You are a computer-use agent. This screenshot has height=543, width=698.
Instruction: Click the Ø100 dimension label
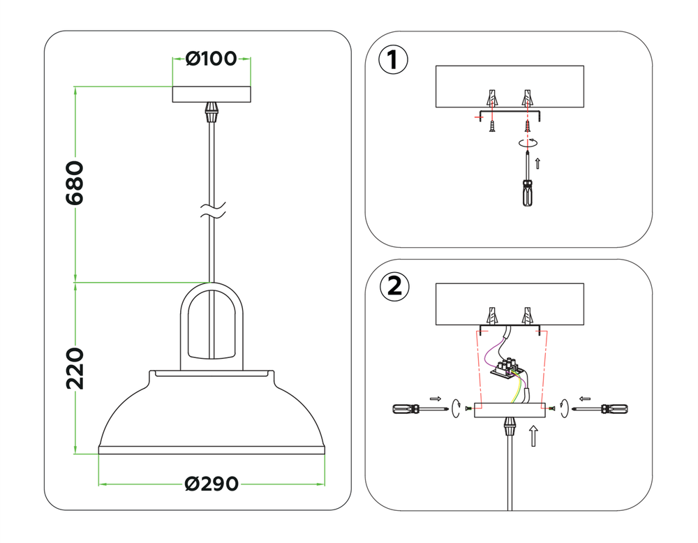pyautogui.click(x=211, y=59)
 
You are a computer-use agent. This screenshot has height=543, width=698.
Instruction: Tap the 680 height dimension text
pyautogui.click(x=75, y=183)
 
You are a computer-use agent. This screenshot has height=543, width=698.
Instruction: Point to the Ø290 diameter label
pyautogui.click(x=211, y=483)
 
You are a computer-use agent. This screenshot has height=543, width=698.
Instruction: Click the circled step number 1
pyautogui.click(x=392, y=59)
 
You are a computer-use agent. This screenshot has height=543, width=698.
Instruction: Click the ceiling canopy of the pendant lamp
pyautogui.click(x=211, y=94)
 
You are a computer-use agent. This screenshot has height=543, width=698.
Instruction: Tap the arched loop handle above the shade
pyautogui.click(x=211, y=325)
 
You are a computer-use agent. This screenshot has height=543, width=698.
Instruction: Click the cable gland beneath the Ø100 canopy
pyautogui.click(x=211, y=111)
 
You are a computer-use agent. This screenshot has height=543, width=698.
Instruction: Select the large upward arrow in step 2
pyautogui.click(x=533, y=436)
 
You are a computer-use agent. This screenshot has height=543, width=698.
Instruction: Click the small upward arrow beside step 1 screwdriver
pyautogui.click(x=537, y=164)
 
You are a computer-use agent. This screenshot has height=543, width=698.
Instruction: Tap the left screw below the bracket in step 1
pyautogui.click(x=493, y=126)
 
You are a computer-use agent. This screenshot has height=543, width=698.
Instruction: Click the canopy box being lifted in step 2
pyautogui.click(x=509, y=410)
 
